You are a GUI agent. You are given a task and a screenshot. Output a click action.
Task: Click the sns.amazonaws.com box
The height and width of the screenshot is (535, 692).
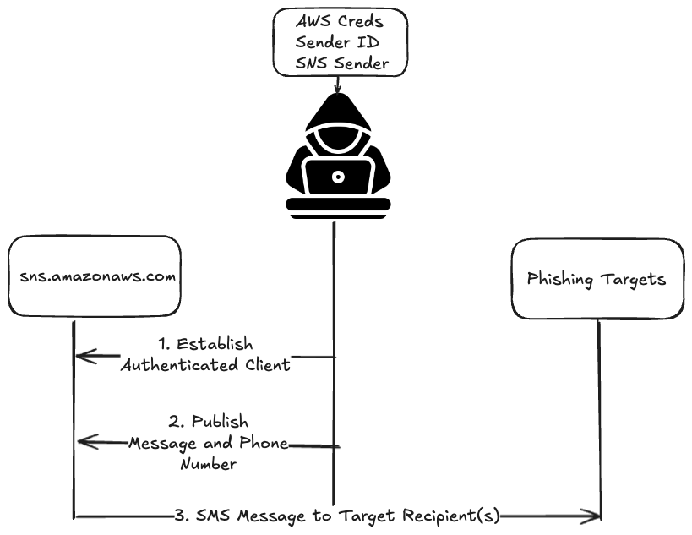[95, 278]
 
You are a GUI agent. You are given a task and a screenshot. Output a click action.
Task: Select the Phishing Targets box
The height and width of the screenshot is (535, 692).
[597, 278]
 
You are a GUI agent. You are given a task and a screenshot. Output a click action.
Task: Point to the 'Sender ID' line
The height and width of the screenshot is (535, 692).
[337, 41]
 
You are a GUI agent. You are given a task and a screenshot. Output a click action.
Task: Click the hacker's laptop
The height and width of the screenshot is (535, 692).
[338, 177]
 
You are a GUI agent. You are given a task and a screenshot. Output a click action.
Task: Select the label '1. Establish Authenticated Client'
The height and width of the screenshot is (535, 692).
[205, 355]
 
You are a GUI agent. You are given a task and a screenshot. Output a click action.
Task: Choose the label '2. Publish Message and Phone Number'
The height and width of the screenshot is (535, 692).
[208, 442]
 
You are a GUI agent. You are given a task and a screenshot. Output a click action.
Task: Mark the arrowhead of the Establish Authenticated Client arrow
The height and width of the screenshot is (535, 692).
[81, 357]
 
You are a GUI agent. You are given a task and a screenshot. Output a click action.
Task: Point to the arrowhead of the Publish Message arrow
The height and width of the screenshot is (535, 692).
[81, 441]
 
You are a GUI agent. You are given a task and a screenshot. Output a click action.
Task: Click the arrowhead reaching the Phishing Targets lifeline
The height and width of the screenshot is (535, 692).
[594, 516]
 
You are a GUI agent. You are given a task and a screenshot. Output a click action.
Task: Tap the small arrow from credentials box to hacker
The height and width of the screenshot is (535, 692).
[338, 85]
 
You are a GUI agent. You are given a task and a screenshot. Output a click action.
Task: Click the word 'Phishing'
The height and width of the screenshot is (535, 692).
[561, 278]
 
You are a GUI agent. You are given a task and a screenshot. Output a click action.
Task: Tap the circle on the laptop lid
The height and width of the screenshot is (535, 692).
[338, 177]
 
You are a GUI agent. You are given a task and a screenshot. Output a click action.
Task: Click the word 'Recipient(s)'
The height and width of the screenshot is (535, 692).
[453, 516]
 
